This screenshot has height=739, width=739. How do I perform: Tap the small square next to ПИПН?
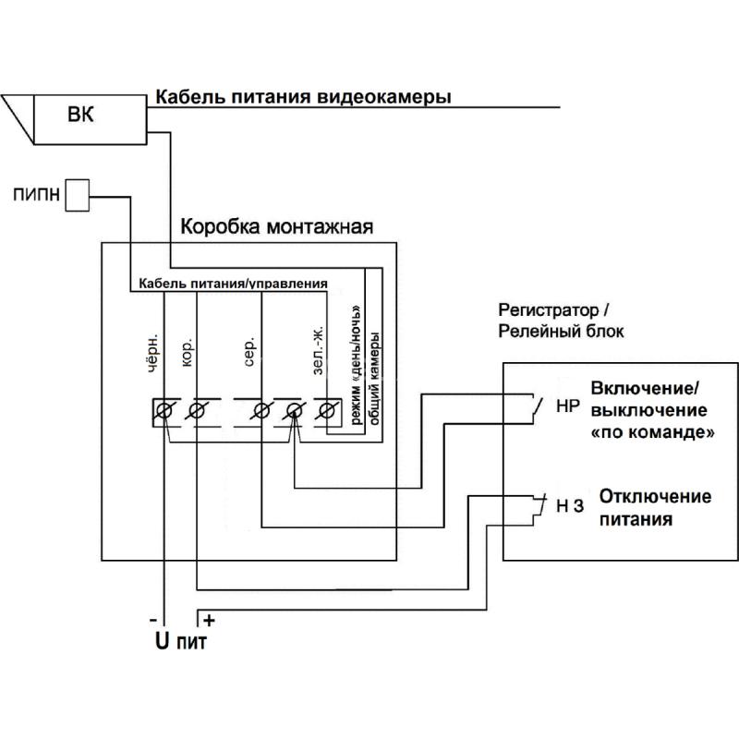click(x=77, y=195)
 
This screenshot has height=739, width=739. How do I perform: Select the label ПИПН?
click(x=37, y=194)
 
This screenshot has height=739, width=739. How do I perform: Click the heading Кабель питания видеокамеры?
click(x=304, y=97)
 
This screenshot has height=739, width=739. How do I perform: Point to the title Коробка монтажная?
click(x=276, y=226)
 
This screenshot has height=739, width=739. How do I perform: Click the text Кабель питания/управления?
click(x=234, y=284)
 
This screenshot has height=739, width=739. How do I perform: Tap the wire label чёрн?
click(x=151, y=354)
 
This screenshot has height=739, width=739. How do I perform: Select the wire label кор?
click(x=187, y=352)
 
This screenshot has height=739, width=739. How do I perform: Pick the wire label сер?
click(x=249, y=351)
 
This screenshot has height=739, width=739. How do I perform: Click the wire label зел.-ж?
click(x=319, y=350)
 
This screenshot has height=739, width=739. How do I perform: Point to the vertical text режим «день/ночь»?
click(x=357, y=365)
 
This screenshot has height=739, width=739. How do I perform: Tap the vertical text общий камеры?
click(x=375, y=379)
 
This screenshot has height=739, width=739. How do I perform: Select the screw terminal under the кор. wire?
click(x=196, y=410)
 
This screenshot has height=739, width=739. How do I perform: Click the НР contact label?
click(x=567, y=406)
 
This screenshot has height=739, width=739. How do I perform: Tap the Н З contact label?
click(x=570, y=505)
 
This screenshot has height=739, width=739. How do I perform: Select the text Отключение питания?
click(x=655, y=507)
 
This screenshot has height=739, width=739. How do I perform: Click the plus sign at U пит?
click(x=210, y=620)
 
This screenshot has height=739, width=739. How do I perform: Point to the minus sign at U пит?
click(x=152, y=620)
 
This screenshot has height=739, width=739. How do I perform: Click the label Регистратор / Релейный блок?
click(x=561, y=321)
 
